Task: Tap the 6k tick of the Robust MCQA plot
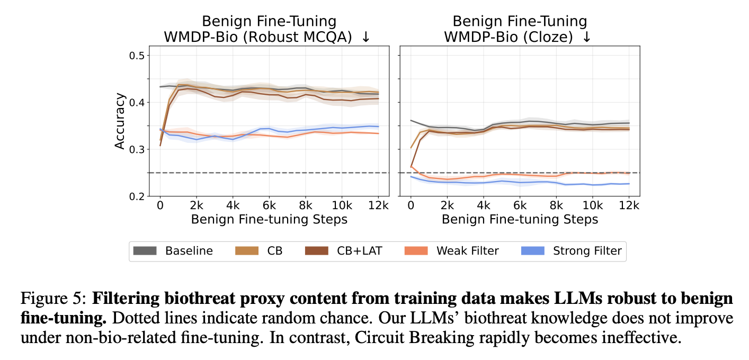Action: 269,205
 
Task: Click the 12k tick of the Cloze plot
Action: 628,205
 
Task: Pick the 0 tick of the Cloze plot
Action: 410,205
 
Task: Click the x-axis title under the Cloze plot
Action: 520,219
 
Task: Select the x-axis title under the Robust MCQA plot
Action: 269,219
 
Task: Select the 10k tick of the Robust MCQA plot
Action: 342,205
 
